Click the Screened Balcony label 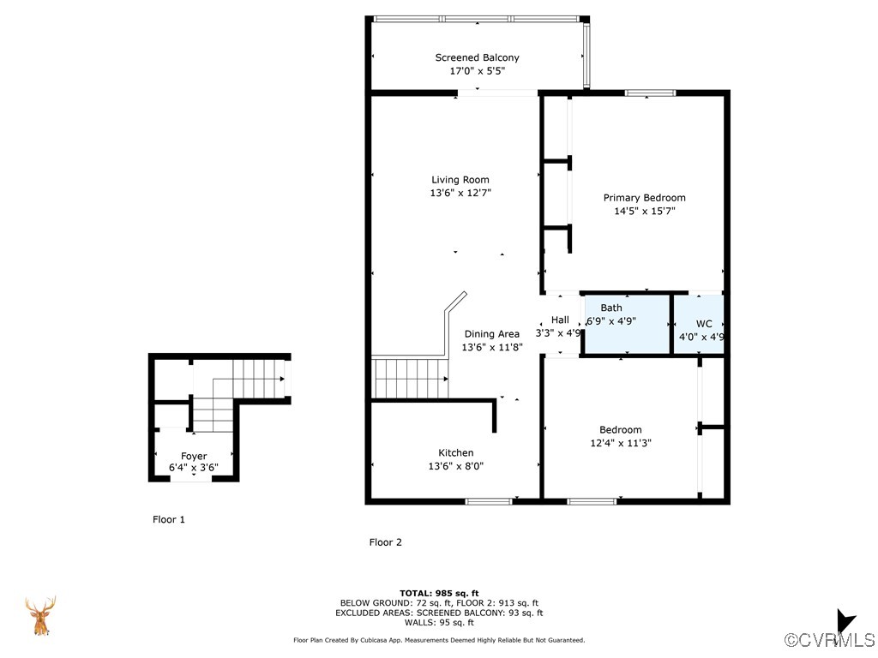[477, 57]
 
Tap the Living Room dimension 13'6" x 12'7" [460, 194]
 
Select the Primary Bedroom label [649, 197]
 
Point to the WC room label [703, 324]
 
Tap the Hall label [560, 320]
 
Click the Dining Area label [491, 334]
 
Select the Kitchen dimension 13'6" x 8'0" [455, 466]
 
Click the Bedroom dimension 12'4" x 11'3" [620, 443]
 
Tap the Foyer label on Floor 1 [194, 456]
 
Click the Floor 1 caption [169, 519]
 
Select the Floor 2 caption [386, 542]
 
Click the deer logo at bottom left [39, 616]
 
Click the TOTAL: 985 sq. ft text [439, 593]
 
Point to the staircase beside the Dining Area [411, 379]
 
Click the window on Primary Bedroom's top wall [650, 93]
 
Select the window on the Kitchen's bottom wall [489, 501]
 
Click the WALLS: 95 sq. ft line [439, 623]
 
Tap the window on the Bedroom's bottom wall [592, 501]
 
